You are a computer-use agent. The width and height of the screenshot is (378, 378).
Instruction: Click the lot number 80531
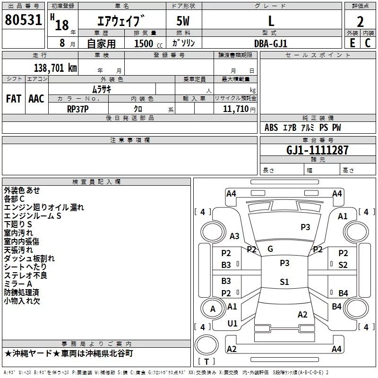(23, 20)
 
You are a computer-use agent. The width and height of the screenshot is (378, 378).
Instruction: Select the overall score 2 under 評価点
(360, 21)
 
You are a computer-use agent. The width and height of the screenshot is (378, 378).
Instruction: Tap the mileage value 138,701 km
(55, 68)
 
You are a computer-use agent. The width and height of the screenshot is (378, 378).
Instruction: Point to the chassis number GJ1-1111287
(318, 150)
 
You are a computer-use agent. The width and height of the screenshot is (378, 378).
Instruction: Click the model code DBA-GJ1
(271, 43)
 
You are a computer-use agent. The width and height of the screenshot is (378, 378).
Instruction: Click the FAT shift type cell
(14, 99)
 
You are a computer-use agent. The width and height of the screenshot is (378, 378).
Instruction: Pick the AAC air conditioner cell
(36, 99)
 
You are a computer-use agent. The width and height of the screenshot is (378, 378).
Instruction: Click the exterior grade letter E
(352, 43)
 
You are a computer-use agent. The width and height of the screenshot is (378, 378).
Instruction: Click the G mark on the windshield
(270, 249)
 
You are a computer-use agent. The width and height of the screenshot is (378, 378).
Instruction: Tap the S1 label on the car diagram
(284, 282)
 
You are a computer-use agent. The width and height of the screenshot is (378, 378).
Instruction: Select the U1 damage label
(232, 324)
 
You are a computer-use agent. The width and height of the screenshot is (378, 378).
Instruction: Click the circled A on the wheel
(213, 309)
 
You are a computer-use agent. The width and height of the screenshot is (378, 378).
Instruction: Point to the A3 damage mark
(234, 236)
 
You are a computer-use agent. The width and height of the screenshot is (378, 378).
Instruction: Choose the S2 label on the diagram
(343, 265)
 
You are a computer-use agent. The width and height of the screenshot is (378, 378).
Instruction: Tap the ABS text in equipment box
(271, 128)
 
